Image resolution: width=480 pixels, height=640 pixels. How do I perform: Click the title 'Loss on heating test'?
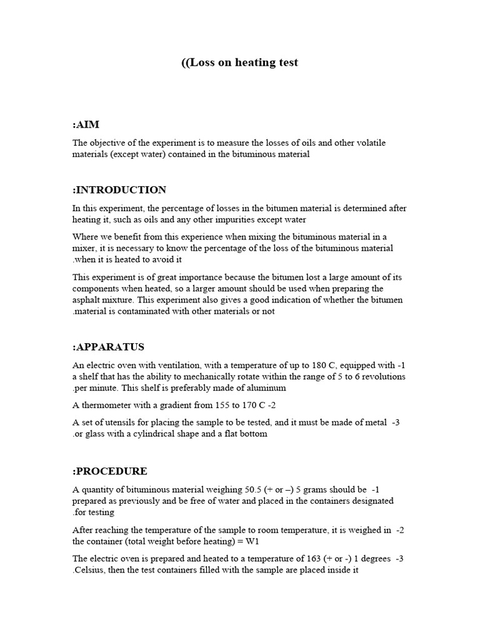tap(240, 62)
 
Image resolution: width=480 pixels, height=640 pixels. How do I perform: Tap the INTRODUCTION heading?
tap(119, 190)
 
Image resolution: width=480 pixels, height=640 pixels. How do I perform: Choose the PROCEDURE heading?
tap(110, 471)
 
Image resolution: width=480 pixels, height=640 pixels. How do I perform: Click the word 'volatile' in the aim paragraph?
tap(352, 143)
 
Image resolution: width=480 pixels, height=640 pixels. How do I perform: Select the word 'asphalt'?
tap(87, 300)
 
